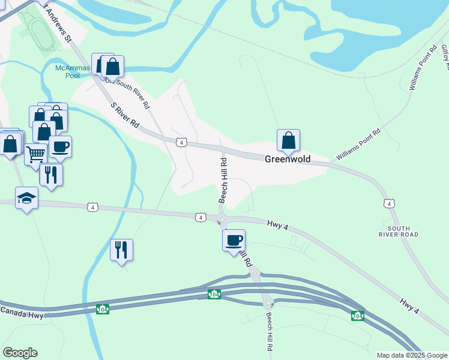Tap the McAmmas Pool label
72,72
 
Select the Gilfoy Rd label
444,57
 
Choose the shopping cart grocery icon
35,154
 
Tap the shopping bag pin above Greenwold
288,140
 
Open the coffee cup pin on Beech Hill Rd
234,240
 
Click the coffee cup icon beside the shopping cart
59,146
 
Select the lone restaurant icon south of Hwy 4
122,250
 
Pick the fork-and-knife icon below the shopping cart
51,175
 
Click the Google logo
20,353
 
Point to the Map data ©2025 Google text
411,355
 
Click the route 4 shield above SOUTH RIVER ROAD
391,204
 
